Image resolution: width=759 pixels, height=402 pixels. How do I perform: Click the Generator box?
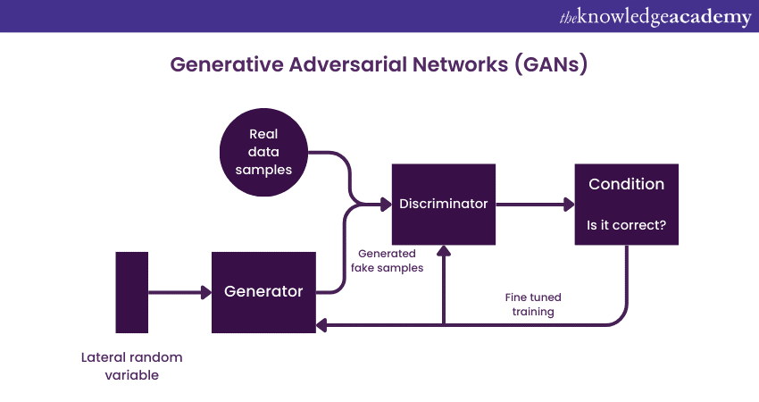click(x=263, y=292)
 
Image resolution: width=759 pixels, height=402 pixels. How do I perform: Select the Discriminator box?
click(x=444, y=204)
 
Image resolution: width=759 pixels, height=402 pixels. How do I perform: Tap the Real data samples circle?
click(x=263, y=153)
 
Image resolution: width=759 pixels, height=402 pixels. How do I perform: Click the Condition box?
click(x=626, y=204)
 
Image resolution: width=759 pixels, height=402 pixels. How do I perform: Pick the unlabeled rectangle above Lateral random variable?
click(x=131, y=292)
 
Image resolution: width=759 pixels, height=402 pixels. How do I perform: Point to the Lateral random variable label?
click(x=131, y=366)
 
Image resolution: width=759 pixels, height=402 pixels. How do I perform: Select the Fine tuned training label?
click(x=533, y=305)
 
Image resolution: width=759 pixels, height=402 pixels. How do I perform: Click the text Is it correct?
click(x=626, y=225)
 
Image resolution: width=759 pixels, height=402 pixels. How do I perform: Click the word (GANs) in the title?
click(x=551, y=65)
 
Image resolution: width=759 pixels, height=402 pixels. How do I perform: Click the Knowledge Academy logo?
click(x=655, y=17)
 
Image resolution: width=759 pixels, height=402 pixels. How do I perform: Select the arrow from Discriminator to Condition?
click(x=535, y=204)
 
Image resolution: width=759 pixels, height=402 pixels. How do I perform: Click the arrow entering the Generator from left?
click(x=179, y=292)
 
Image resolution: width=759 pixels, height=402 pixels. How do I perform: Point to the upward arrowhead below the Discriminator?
click(x=444, y=251)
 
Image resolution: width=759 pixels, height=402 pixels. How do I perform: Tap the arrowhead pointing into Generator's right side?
click(x=322, y=325)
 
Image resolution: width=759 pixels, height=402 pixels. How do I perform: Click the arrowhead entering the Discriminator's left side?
click(x=386, y=204)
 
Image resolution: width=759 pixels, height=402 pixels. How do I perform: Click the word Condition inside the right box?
click(x=626, y=184)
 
